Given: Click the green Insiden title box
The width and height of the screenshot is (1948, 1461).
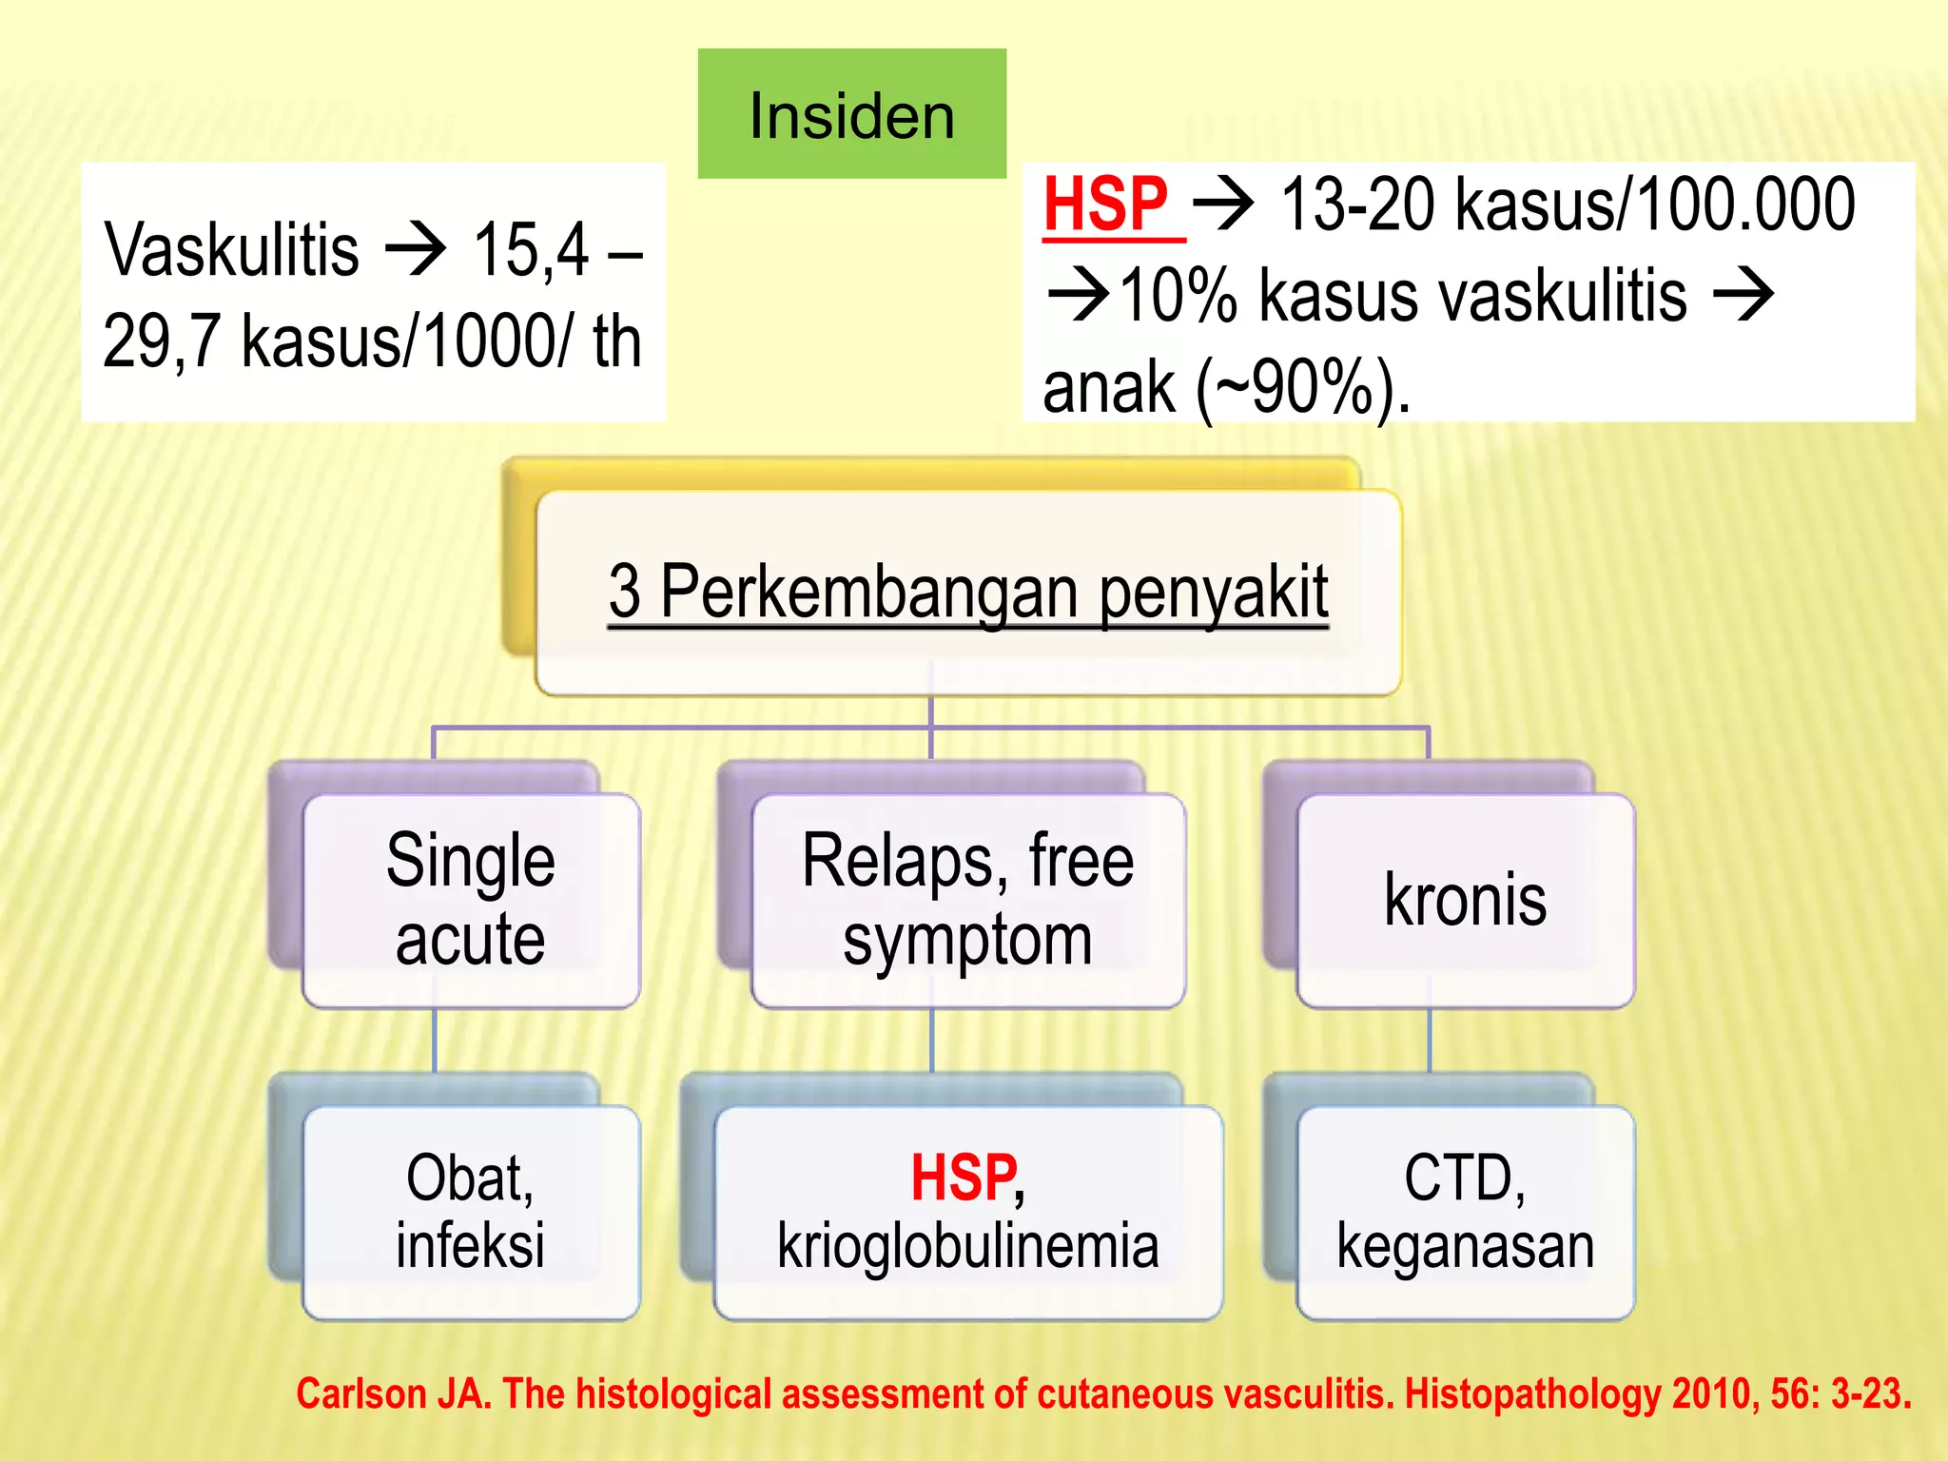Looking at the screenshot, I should (x=851, y=114).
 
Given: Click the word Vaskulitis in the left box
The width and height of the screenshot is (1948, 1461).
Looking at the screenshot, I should (x=231, y=250).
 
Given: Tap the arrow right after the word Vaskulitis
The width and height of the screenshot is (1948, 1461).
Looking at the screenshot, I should (x=416, y=249).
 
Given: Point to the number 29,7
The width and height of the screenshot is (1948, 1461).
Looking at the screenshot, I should (x=162, y=341).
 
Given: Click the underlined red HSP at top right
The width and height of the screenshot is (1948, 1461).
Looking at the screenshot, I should (x=1106, y=205).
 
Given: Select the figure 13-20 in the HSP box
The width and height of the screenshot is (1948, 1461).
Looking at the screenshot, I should (x=1358, y=205).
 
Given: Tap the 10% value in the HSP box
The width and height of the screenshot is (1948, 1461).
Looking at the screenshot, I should (x=1178, y=296).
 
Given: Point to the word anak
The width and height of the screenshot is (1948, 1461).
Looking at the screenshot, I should (x=1108, y=387).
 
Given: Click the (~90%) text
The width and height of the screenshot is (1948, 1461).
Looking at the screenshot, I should (x=1303, y=387).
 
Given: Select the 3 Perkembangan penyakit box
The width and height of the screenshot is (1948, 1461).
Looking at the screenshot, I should (x=968, y=592).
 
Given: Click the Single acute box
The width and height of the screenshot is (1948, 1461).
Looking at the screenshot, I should (x=471, y=900).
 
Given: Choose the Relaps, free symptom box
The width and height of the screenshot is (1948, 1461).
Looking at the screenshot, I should (x=967, y=900).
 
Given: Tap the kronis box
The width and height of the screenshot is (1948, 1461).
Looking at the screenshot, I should (x=1465, y=900).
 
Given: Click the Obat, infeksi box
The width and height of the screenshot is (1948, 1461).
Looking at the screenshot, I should (x=471, y=1212).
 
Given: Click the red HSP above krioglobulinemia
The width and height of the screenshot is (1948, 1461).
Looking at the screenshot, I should (x=963, y=1178).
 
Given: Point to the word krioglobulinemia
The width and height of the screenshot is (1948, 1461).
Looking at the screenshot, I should (x=967, y=1245).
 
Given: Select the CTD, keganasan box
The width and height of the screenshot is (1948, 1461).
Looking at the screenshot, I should (x=1465, y=1212).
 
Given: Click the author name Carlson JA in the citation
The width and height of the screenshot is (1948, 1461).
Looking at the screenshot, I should (x=393, y=1394).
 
